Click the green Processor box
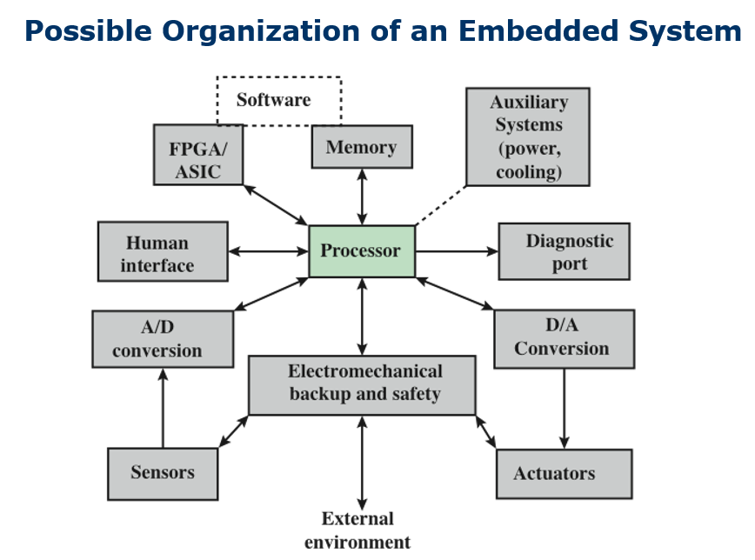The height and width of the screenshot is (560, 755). coord(362,251)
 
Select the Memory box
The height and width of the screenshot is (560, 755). coord(362,147)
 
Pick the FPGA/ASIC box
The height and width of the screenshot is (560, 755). coord(198,155)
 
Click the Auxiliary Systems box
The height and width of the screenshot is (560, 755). coord(528,137)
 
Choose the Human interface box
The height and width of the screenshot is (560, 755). coord(163,251)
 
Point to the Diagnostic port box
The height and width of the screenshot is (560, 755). coord(564,251)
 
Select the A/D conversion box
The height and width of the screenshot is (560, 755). coord(163,339)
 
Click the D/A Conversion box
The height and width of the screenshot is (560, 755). coord(565,339)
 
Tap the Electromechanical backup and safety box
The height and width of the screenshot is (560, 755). coord(362,385)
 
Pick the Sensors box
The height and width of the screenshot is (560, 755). coord(163,474)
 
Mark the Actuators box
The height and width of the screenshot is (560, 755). coord(565,474)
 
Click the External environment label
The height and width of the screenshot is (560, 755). coord(357,530)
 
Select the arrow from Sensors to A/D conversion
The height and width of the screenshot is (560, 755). coord(163,409)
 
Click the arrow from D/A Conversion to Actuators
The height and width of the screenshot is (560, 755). coord(565,409)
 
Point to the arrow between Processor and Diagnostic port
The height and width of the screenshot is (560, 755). coord(457,251)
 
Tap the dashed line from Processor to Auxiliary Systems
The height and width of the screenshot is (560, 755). coord(440,205)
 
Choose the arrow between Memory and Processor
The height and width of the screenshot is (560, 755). coord(362,197)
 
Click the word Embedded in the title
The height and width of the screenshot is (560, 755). coord(538,30)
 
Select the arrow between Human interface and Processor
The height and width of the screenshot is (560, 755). coord(268,251)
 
